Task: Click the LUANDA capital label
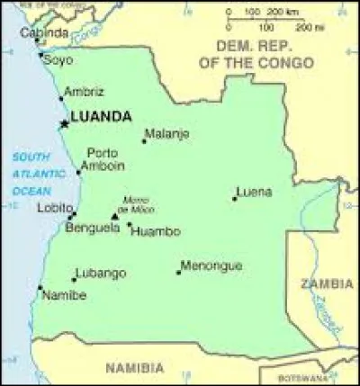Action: coord(101,116)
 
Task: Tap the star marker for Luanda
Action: coord(64,122)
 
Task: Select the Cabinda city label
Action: coord(45,33)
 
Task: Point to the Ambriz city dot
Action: coord(61,97)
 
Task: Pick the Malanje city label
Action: coord(168,134)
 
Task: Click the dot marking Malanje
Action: coord(144,140)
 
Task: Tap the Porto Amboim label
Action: coord(102,159)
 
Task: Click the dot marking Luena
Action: coord(234,198)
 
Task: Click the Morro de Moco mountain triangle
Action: coord(114,216)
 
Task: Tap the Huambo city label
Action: coord(155,231)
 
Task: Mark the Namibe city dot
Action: coord(40,288)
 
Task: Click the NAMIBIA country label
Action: coord(134,367)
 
